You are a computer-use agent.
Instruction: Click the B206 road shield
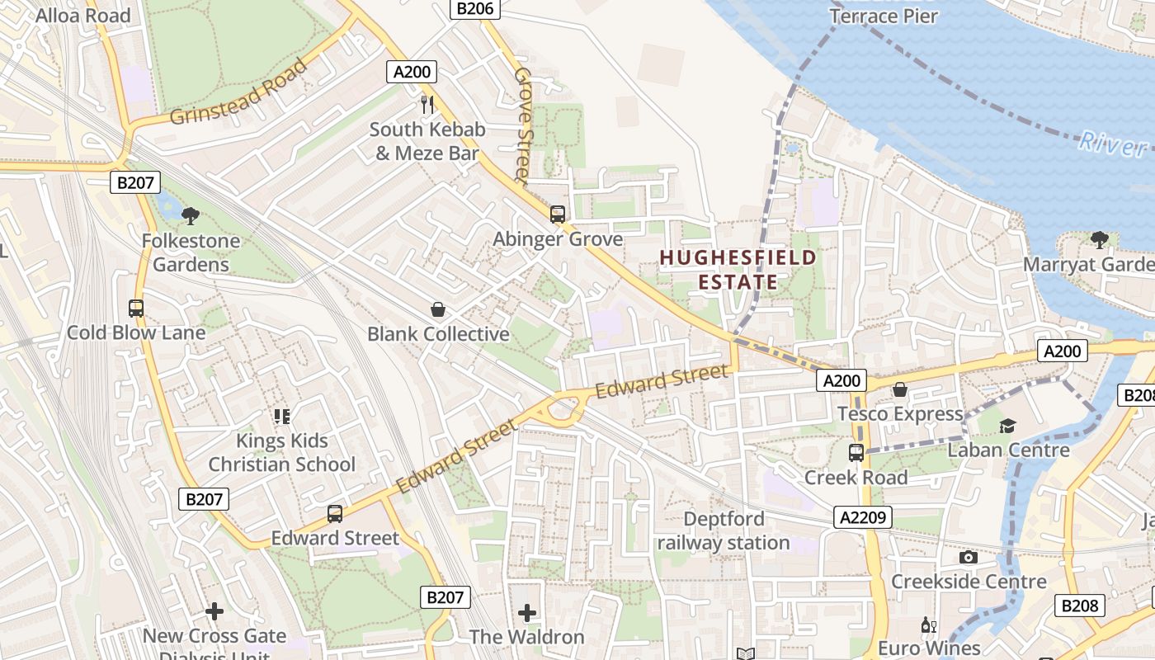point(475,9)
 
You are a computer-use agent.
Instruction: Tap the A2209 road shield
point(863,517)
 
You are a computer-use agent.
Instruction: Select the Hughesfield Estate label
point(738,270)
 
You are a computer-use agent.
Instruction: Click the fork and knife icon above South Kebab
point(427,104)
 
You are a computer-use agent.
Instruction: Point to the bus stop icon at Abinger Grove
point(558,214)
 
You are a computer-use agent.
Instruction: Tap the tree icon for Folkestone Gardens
point(191,216)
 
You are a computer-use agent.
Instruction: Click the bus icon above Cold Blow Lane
point(136,309)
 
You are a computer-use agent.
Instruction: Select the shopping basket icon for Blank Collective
point(438,310)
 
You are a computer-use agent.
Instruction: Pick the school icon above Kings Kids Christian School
point(282,417)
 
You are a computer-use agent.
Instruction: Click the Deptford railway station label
point(724,530)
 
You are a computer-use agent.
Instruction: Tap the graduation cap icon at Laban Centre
point(1007,426)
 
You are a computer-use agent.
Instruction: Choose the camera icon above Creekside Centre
point(969,558)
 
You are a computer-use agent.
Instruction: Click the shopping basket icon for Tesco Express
point(900,389)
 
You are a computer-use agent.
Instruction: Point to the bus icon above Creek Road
point(856,453)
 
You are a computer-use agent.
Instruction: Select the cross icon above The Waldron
point(527,613)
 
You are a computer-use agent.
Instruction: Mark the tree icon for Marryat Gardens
point(1099,240)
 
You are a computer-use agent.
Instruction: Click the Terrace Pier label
point(884,15)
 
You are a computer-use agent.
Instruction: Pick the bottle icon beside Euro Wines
point(928,625)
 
